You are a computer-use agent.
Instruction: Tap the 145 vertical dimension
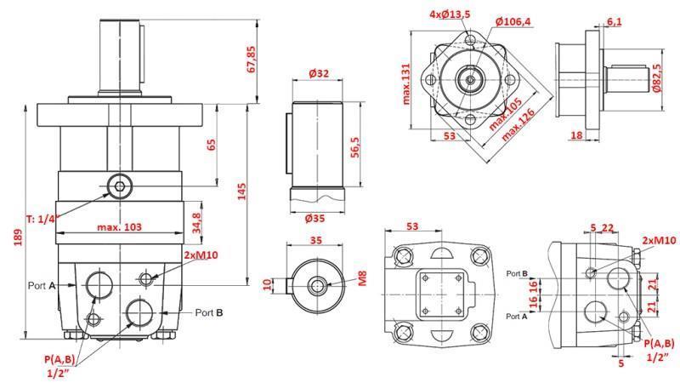click(x=241, y=193)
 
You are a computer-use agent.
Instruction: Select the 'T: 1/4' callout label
click(x=40, y=219)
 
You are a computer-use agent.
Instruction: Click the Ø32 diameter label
click(x=319, y=74)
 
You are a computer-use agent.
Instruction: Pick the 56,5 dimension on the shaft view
click(x=356, y=146)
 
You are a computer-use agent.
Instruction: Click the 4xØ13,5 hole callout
click(x=450, y=15)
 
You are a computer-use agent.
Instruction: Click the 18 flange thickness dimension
click(x=576, y=135)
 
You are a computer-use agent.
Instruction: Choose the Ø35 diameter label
click(x=319, y=218)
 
